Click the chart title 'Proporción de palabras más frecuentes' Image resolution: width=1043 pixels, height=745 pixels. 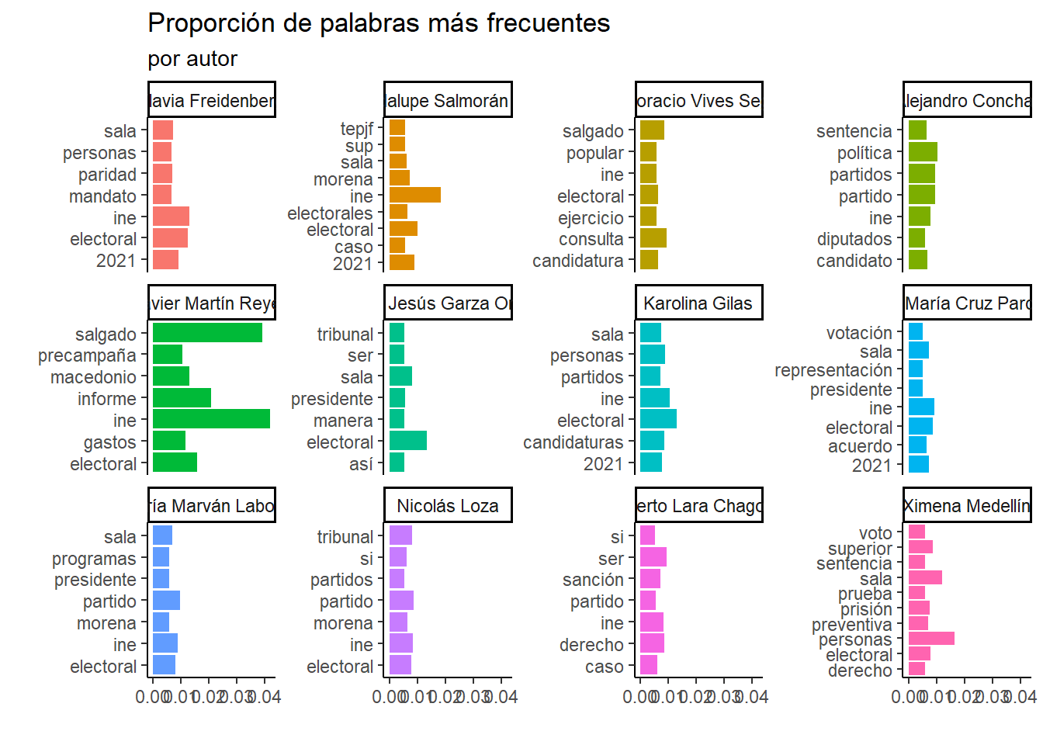click(x=379, y=23)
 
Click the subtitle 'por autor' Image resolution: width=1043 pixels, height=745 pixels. click(x=192, y=59)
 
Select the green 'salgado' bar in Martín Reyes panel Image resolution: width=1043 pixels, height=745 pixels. click(x=207, y=333)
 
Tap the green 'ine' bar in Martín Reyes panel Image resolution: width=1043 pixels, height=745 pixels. click(x=211, y=420)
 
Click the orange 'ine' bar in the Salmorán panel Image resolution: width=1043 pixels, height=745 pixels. click(x=414, y=195)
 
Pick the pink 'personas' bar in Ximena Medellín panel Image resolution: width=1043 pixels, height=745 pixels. click(x=931, y=639)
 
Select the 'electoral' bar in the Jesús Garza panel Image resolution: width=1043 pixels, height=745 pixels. click(x=407, y=442)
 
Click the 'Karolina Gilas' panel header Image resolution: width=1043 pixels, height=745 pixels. click(x=698, y=303)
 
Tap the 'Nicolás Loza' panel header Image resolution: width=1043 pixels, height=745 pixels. click(x=448, y=506)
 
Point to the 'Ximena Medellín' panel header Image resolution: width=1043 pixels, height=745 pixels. click(x=967, y=506)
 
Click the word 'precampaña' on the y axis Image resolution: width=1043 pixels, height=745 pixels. click(x=87, y=355)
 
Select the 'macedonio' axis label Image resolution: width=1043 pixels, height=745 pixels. click(x=93, y=377)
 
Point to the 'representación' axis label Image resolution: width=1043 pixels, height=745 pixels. click(x=833, y=370)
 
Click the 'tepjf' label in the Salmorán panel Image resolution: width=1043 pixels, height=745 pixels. click(x=357, y=129)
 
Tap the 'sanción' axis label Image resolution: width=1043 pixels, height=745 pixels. click(x=593, y=580)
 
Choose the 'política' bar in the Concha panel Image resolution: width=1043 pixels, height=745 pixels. click(x=923, y=152)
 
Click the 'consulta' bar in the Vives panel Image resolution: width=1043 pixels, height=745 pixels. click(x=653, y=238)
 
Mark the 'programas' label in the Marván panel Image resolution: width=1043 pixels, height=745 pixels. click(x=94, y=559)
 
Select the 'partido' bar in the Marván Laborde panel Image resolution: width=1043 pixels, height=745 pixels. click(x=166, y=601)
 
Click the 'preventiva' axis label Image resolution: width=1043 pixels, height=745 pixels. click(x=852, y=625)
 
